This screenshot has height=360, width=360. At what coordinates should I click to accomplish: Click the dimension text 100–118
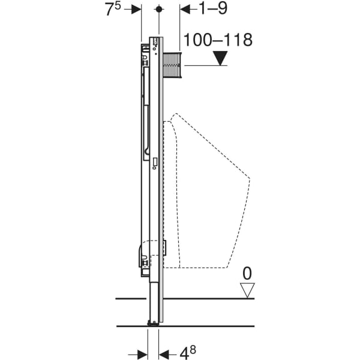click(218, 40)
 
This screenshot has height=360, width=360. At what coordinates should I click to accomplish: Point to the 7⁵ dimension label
click(116, 10)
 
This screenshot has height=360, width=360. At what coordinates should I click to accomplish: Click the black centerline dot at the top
click(159, 10)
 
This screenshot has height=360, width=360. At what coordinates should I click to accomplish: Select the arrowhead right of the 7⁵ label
click(136, 10)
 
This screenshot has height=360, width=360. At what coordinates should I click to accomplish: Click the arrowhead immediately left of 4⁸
click(164, 354)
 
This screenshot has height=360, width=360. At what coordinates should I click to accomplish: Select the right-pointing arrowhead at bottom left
click(142, 354)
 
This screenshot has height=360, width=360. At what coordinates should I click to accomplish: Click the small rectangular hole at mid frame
click(155, 161)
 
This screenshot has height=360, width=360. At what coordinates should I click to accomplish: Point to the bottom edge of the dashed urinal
click(204, 267)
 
